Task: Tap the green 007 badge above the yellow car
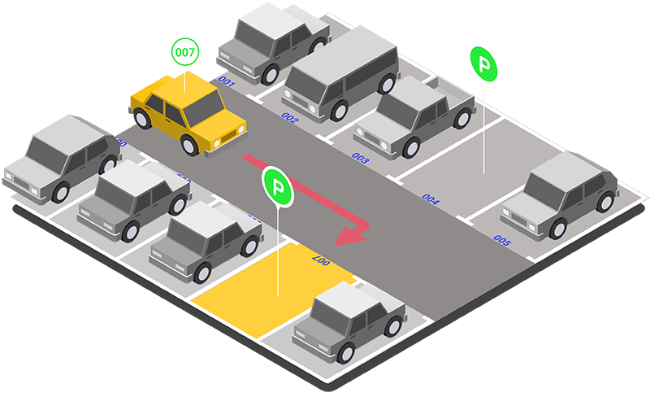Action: coord(185,52)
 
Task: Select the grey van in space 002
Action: coord(340,72)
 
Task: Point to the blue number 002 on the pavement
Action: coord(289,117)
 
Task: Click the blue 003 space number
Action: coord(360,159)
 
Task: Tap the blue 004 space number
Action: coord(431,199)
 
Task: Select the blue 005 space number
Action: coord(502,241)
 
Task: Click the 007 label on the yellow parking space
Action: coord(319,260)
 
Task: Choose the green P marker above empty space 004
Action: coord(483,63)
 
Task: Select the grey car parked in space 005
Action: coord(561,195)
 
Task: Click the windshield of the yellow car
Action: coord(204,107)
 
